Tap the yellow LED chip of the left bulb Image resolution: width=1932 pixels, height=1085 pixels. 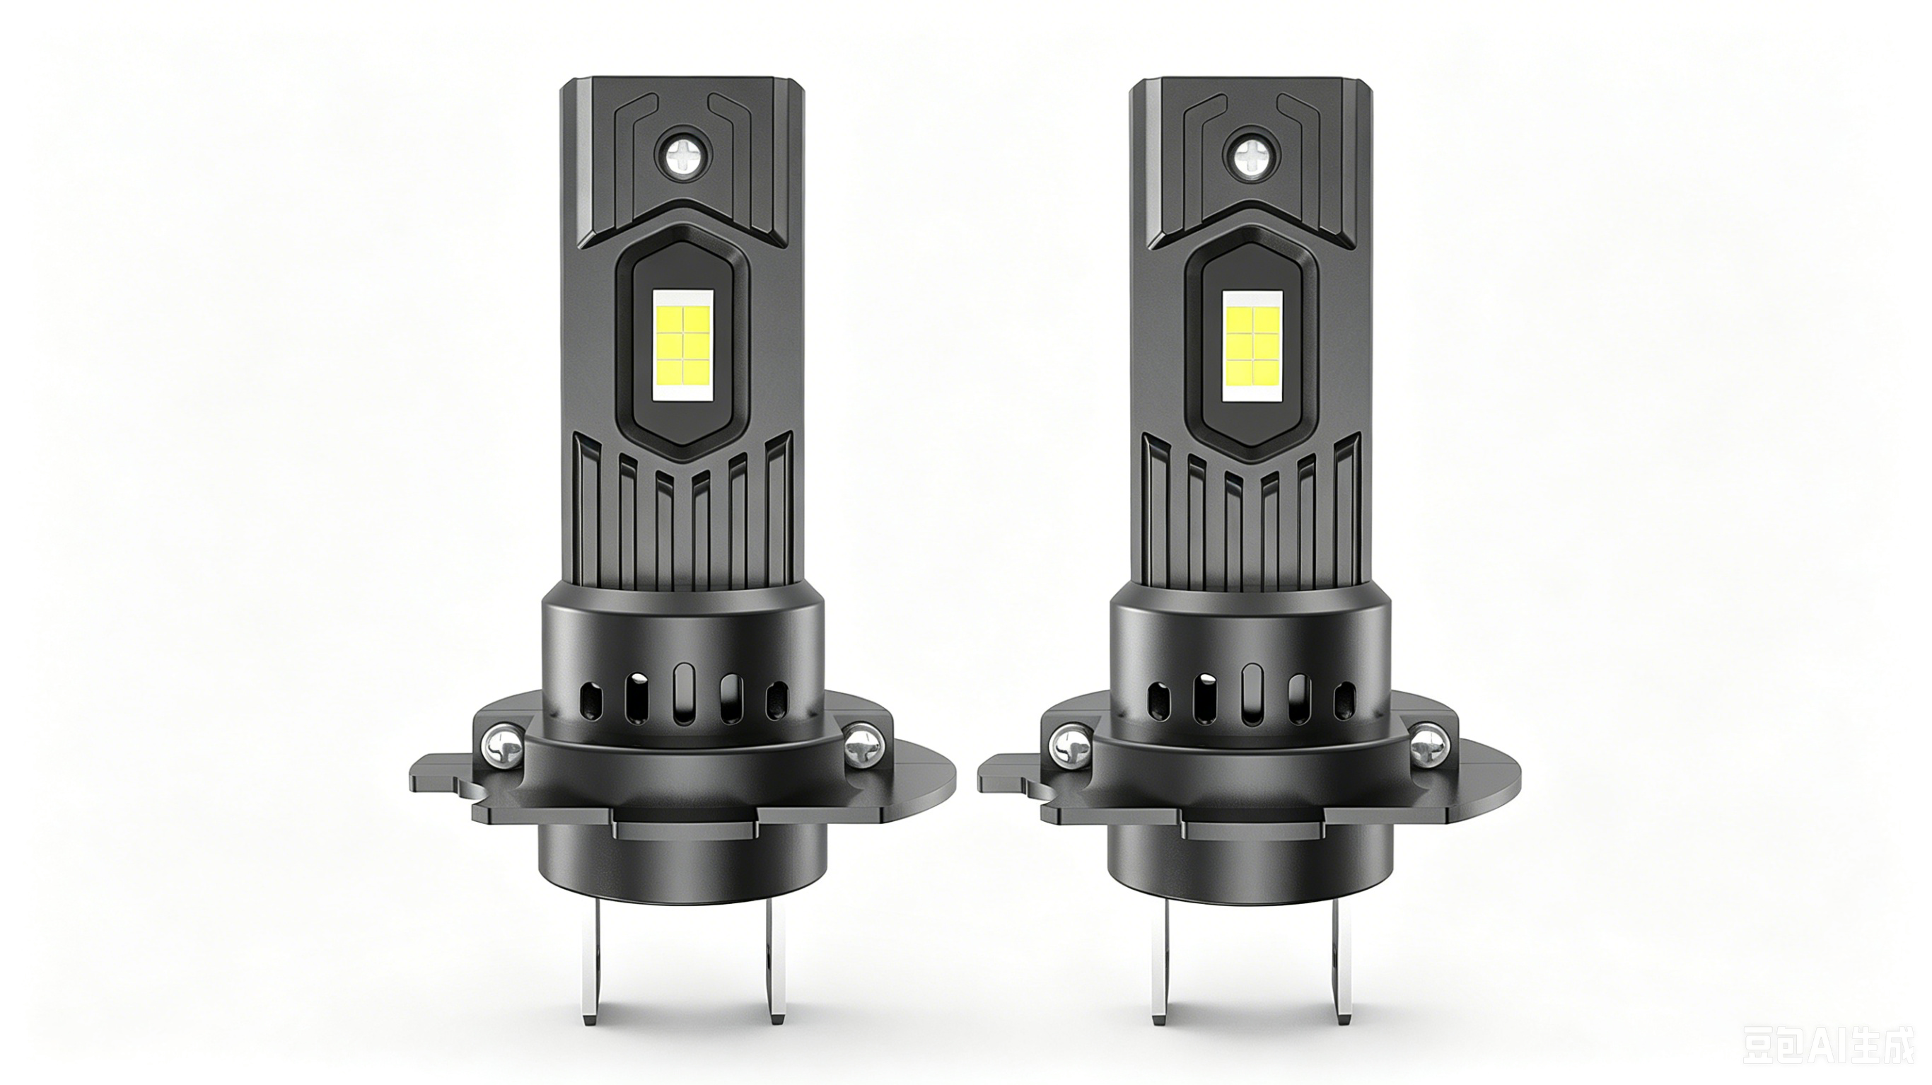(683, 343)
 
